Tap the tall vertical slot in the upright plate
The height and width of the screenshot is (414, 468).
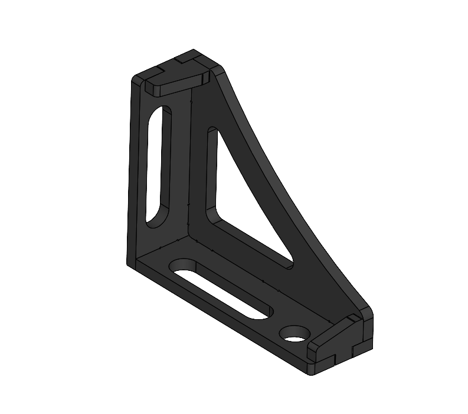point(158,165)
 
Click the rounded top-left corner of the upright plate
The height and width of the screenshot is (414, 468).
point(137,79)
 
